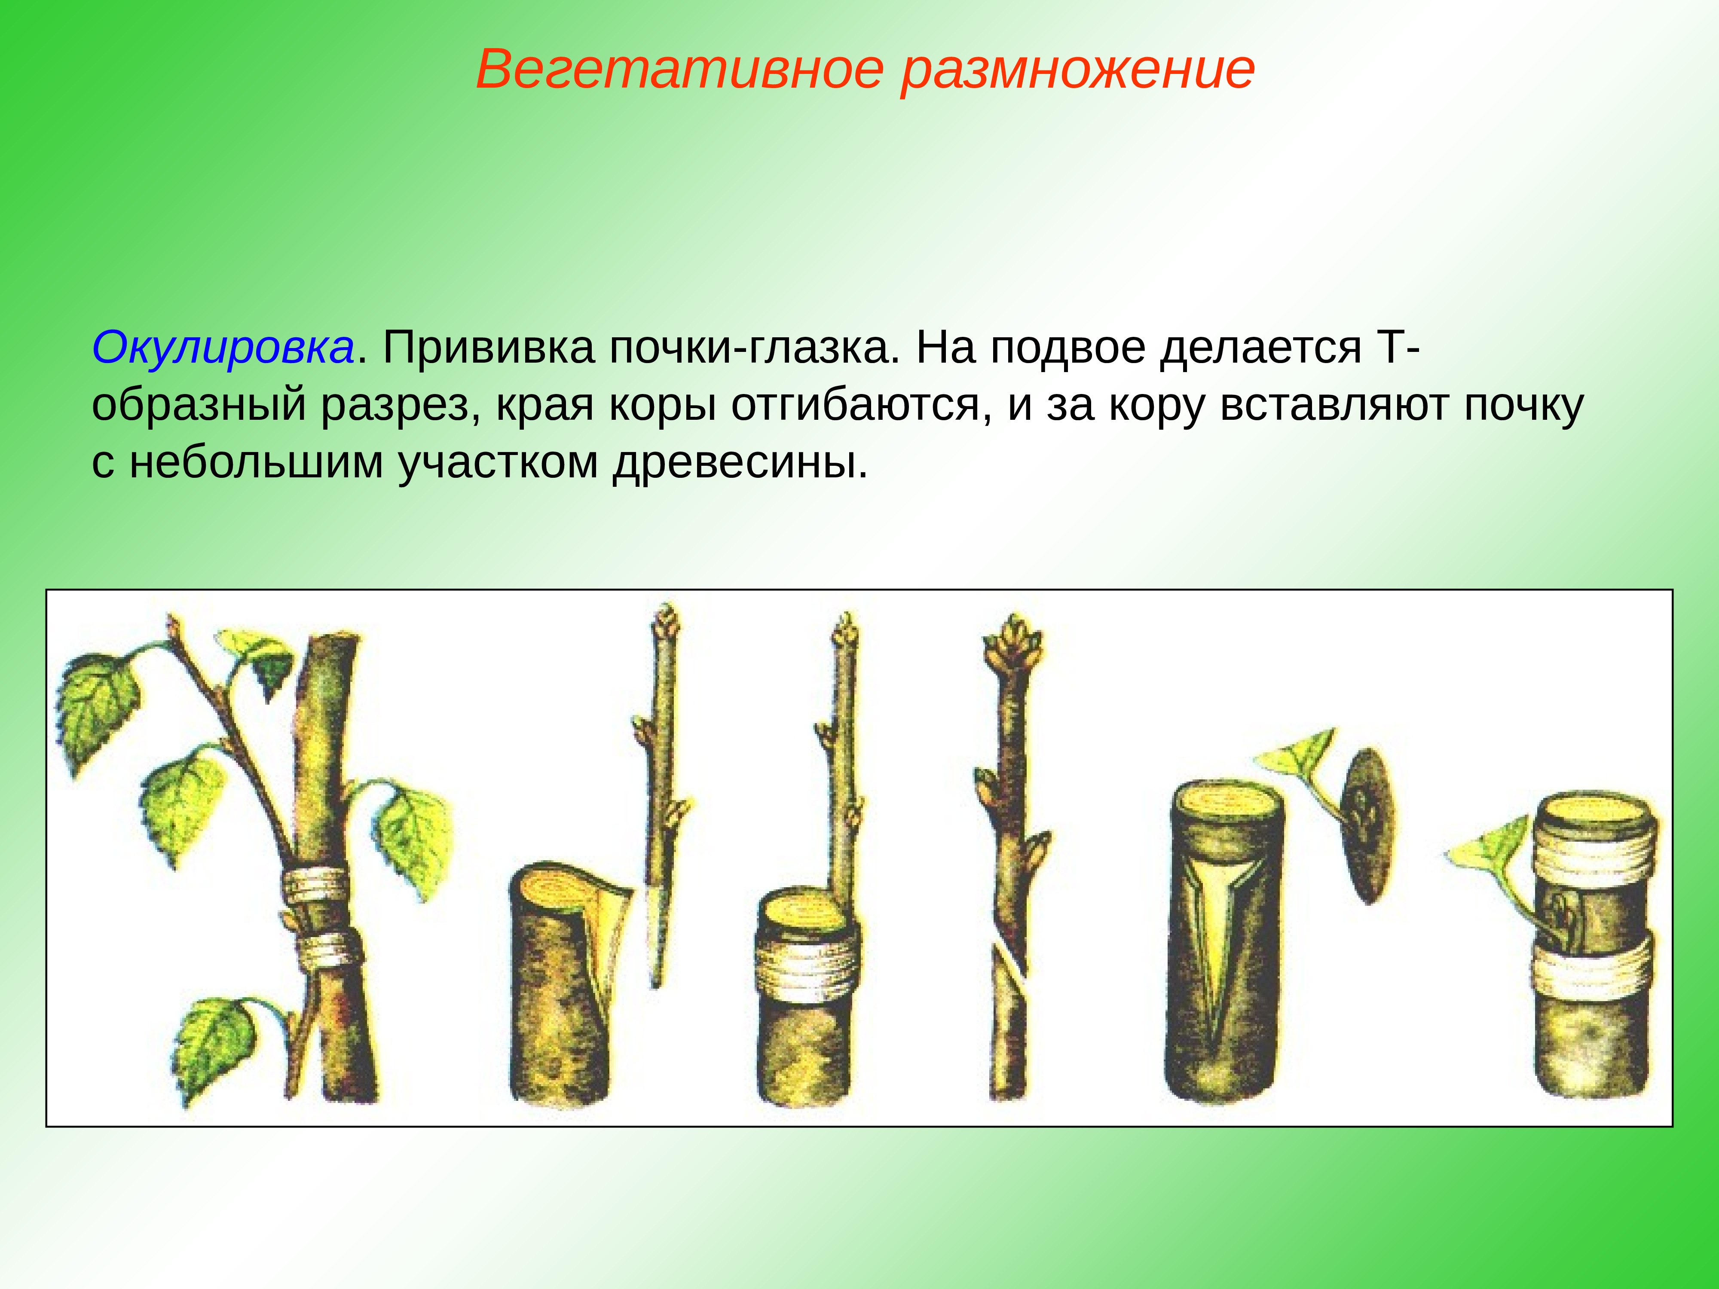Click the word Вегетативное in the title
point(680,70)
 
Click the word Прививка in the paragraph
point(488,348)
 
